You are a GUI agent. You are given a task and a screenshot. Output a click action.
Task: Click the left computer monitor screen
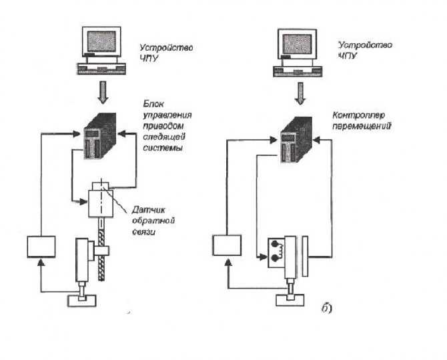(101, 41)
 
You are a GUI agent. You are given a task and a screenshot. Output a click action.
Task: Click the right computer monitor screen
(297, 44)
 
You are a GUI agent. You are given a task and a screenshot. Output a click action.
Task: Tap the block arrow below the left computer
(103, 92)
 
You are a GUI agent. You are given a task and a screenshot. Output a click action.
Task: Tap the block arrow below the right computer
(300, 93)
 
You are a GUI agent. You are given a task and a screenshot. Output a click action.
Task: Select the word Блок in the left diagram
(153, 104)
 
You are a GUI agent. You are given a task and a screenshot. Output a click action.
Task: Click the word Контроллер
(359, 115)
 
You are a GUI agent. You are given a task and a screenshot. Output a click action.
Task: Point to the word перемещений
(361, 126)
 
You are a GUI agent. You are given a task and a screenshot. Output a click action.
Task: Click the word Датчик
(148, 210)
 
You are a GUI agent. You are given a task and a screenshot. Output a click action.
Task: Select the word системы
(163, 148)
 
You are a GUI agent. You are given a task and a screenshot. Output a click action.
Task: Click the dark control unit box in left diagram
(100, 136)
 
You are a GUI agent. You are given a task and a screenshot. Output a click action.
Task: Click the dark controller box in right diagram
(296, 139)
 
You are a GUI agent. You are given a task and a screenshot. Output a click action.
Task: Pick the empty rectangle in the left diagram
(41, 247)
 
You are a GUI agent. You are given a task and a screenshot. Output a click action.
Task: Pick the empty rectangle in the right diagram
(227, 245)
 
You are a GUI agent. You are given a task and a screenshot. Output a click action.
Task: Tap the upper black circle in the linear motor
(275, 244)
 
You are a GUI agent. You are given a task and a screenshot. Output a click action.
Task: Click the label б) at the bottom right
(326, 308)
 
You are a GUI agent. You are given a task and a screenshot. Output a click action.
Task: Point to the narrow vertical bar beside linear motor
(305, 256)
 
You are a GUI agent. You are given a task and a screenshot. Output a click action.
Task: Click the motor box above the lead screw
(101, 203)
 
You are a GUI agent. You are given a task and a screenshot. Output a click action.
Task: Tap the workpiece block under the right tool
(290, 301)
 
